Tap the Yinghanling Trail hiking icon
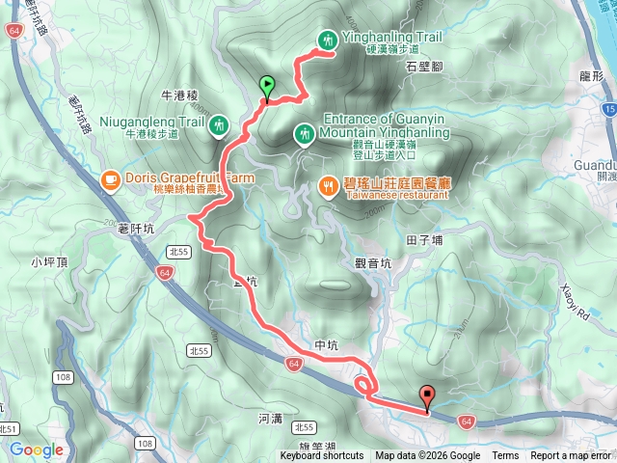(328, 40)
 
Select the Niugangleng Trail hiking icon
(220, 123)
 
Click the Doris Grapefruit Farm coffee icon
(111, 179)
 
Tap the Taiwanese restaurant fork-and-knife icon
(328, 185)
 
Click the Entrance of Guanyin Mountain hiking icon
(305, 132)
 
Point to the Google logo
(36, 449)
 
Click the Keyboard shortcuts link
(322, 456)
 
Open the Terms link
(505, 456)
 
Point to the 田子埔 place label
(423, 239)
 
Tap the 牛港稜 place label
(178, 95)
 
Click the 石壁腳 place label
(424, 67)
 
